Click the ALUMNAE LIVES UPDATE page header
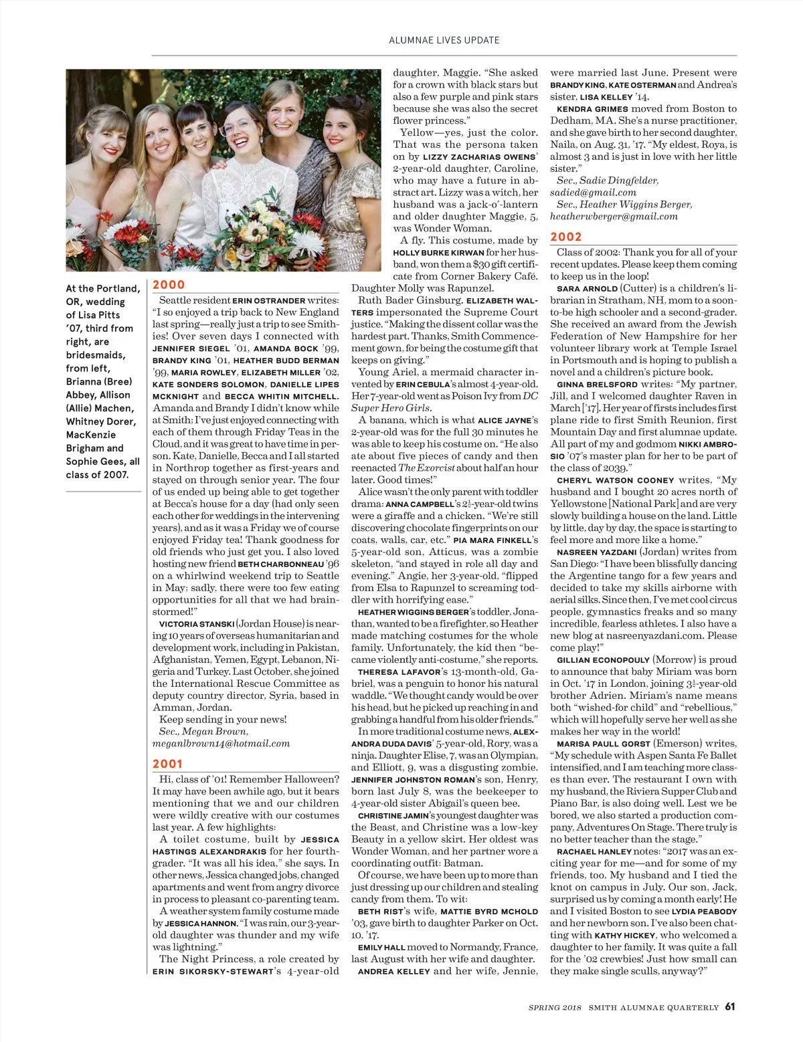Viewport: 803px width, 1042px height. pos(444,40)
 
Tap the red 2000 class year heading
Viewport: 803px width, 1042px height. pos(169,285)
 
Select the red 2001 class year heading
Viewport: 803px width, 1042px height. pos(167,764)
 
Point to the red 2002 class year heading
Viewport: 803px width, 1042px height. pos(566,237)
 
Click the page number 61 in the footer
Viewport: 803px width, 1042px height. pos(729,1007)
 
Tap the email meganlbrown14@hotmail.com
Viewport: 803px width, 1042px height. pos(221,743)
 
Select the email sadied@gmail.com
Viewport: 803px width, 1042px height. pos(593,192)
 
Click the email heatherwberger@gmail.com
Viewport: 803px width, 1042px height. pos(614,216)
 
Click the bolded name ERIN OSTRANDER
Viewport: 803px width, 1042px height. pos(268,301)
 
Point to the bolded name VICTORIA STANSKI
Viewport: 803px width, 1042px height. pos(197,624)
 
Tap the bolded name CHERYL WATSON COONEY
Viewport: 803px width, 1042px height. pos(615,480)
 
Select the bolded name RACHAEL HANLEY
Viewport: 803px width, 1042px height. pos(594,851)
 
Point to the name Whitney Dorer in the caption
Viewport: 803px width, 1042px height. pos(100,421)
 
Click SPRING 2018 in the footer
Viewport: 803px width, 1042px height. pos(555,1007)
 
